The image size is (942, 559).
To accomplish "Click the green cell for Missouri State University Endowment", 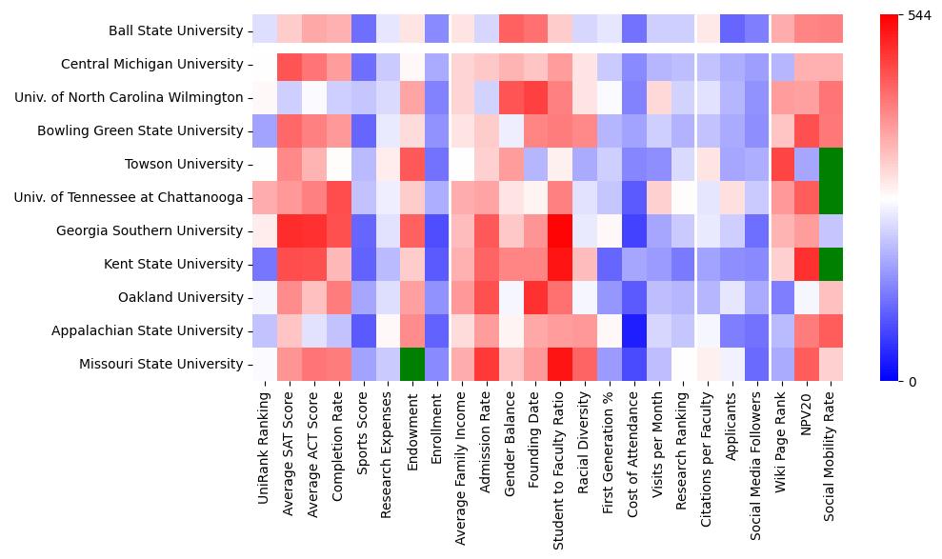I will click(412, 364).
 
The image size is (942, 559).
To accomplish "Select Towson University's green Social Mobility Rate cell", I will click(832, 164).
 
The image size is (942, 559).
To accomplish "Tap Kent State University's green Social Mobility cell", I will click(832, 264).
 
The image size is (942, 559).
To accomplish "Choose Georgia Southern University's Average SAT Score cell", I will click(289, 230).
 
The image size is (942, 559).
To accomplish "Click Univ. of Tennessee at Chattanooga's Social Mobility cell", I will click(832, 197).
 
